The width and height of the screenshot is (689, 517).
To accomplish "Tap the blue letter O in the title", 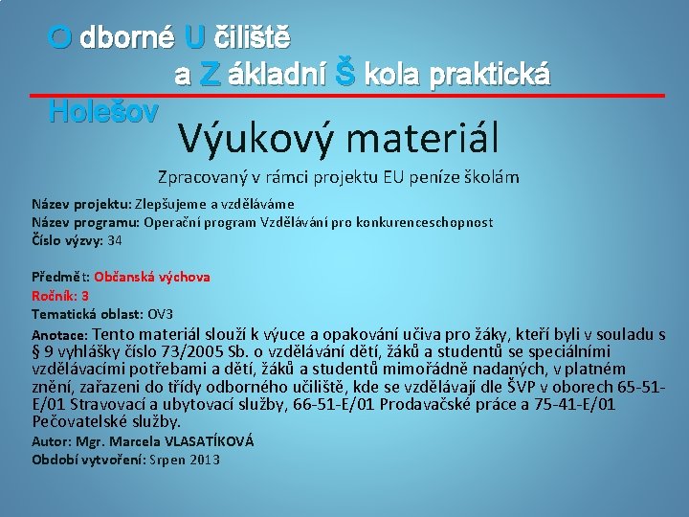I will click(x=60, y=38).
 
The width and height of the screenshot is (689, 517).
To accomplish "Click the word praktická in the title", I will click(x=489, y=75).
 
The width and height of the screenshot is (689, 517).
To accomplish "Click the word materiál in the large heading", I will click(x=423, y=140).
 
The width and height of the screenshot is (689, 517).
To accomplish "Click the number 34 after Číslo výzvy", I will click(x=115, y=240).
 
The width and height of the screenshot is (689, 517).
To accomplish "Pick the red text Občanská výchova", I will click(x=152, y=277).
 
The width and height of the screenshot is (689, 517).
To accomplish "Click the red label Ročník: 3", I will click(x=60, y=296).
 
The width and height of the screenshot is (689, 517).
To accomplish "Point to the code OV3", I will click(x=160, y=314).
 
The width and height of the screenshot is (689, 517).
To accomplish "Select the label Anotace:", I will click(x=60, y=335).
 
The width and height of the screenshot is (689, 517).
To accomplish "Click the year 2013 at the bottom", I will click(x=204, y=460).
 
